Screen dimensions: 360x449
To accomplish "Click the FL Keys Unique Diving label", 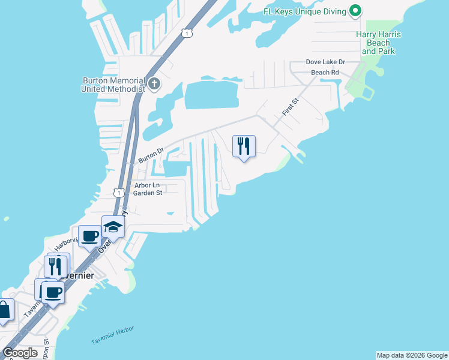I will click(x=305, y=11).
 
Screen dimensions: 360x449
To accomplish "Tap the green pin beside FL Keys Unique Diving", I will click(x=355, y=11).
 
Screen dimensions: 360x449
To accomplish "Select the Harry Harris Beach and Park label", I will click(x=378, y=43).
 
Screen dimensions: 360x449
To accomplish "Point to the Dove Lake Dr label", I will click(x=325, y=62).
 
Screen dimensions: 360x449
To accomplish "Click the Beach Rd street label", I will click(x=325, y=73).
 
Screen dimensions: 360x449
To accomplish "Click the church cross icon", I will click(x=154, y=83).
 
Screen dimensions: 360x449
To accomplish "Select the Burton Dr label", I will click(x=151, y=156).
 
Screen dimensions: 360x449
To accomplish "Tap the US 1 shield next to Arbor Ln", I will click(x=118, y=193).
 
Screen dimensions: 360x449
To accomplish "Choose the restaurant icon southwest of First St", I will click(x=244, y=146).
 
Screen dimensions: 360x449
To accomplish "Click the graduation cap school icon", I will click(x=112, y=227).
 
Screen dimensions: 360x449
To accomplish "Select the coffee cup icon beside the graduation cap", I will click(x=89, y=236).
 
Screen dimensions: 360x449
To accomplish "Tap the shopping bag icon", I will click(x=4, y=310).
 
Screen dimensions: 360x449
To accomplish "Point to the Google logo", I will click(x=20, y=352).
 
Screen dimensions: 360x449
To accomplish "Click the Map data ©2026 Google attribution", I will click(x=412, y=355).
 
